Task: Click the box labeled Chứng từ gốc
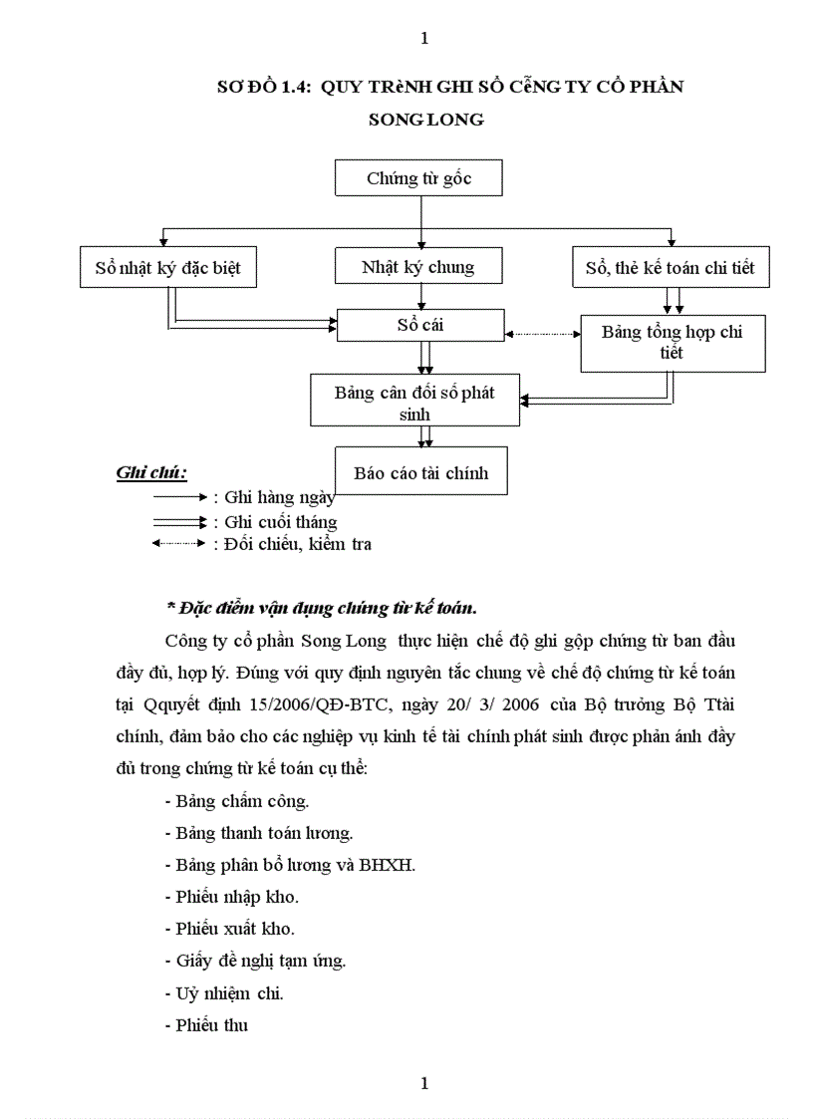[418, 178]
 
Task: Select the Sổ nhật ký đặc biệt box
[167, 268]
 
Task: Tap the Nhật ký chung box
[417, 267]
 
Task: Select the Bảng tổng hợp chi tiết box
[672, 343]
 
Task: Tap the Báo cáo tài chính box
[420, 473]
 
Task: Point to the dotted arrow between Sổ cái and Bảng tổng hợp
[542, 334]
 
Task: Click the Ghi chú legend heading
[151, 472]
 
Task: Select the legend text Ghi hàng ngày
[279, 497]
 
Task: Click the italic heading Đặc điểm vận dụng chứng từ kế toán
[321, 607]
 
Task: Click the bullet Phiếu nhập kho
[231, 897]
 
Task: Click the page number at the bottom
[425, 1083]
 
